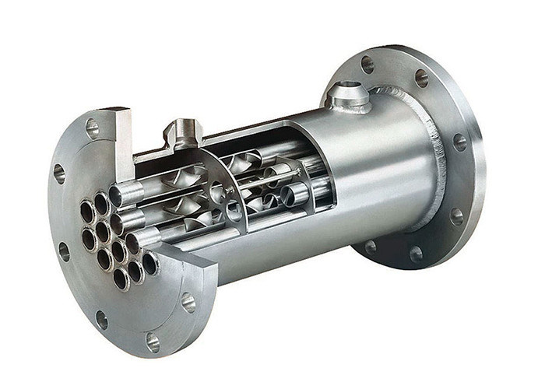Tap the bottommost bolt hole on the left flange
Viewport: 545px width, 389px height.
[x=153, y=341]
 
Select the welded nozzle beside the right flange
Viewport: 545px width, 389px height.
[x=346, y=97]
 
